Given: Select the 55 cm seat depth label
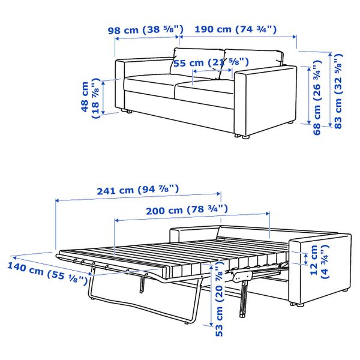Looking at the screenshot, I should [211, 62].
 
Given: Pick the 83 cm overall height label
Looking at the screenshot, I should [340, 90].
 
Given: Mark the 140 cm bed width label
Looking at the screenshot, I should [49, 272].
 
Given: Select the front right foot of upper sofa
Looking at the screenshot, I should [245, 137].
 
